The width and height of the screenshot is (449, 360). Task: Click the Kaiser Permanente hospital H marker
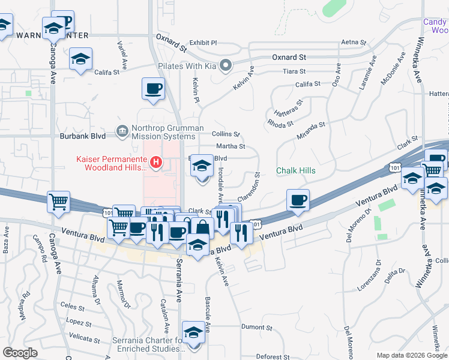tap(156, 162)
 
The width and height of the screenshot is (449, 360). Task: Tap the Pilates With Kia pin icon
tap(225, 65)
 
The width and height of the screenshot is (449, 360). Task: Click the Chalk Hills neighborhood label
tap(295, 171)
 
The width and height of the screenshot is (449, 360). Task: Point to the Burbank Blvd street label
tap(82, 136)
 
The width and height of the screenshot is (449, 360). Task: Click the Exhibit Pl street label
tap(203, 43)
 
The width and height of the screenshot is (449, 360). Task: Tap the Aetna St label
tap(353, 42)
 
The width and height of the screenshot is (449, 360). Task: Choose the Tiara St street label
tap(295, 71)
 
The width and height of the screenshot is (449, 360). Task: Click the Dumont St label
tap(256, 328)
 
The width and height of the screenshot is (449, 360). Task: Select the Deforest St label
tap(273, 356)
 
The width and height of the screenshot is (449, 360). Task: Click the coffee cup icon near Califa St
tap(153, 89)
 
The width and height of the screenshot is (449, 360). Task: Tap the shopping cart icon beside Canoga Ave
tap(58, 202)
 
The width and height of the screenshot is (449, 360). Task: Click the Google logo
tap(20, 353)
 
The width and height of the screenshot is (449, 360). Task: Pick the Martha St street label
tap(230, 146)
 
